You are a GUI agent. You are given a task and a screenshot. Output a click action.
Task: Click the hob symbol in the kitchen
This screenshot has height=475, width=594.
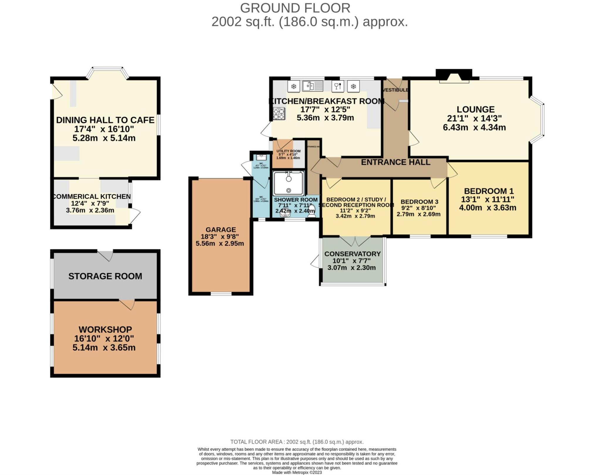pos(279,114)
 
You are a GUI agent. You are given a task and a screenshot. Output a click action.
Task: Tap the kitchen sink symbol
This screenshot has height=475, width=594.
pos(313,86)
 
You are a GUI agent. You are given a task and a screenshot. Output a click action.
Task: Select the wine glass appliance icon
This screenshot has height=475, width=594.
pos(338,86)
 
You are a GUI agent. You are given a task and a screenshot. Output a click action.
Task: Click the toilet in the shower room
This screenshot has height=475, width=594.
pos(312,211)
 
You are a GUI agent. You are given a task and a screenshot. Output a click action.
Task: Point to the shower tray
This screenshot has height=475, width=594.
pos(289,183)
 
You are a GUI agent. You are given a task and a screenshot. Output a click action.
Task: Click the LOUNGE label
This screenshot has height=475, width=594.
pos(475,110)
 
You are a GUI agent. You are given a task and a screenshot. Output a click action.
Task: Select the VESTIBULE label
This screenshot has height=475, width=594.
pos(396,90)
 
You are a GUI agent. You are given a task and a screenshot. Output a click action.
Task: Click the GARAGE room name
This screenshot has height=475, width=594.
pos(221,230)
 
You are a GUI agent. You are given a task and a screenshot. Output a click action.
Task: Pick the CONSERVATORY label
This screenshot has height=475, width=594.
pos(352,254)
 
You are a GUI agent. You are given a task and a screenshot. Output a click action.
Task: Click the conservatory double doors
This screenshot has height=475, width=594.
pos(355,241)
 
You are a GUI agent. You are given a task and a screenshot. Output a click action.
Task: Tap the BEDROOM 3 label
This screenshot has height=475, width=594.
pos(419,202)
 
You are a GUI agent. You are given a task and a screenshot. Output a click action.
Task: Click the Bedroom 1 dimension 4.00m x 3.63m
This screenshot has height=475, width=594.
pos(488,208)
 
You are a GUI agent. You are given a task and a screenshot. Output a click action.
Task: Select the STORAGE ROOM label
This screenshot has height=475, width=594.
pos(105,276)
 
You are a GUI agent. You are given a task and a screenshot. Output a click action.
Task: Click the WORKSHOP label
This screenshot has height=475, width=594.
pos(105,329)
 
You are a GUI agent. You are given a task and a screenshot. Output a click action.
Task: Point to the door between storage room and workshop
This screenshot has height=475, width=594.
pos(127,304)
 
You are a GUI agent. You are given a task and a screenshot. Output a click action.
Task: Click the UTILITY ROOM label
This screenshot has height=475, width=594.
pos(288,151)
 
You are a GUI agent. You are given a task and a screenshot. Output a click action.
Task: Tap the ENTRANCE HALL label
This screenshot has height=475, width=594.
pos(395,162)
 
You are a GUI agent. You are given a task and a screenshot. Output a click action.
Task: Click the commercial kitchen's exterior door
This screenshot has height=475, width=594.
pos(135,216)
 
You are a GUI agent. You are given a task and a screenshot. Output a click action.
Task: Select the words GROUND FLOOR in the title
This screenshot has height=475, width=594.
pos(295,8)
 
